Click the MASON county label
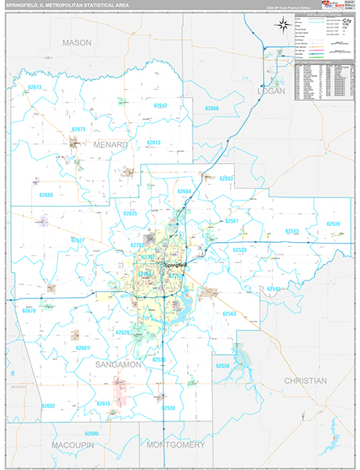coord(77,42)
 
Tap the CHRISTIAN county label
coord(304,381)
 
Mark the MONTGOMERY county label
coord(176,444)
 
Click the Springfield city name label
coord(176,266)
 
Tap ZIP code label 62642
coord(160,105)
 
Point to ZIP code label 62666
coord(211,107)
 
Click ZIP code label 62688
coord(46,195)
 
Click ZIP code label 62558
coord(224,366)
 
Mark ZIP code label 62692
coord(49,406)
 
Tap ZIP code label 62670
coord(30,311)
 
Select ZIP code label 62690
coord(92,433)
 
